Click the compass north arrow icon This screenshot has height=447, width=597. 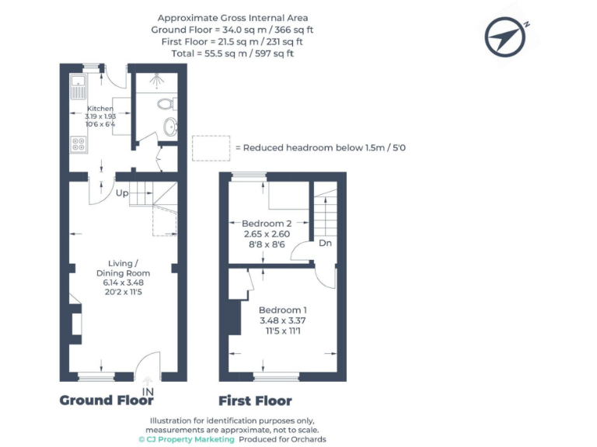point(507,36)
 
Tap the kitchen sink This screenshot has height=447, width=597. point(79,86)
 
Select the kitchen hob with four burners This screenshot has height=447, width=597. point(79,143)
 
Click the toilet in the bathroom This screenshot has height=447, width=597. point(164,102)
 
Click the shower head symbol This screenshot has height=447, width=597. point(159,78)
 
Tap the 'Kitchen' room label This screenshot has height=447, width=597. point(100,109)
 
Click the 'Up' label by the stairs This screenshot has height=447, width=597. point(122,192)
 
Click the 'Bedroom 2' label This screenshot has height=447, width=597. point(267,223)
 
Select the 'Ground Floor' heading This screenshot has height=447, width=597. point(106,400)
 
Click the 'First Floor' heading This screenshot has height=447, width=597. point(255,400)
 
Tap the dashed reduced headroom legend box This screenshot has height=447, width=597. point(211,147)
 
